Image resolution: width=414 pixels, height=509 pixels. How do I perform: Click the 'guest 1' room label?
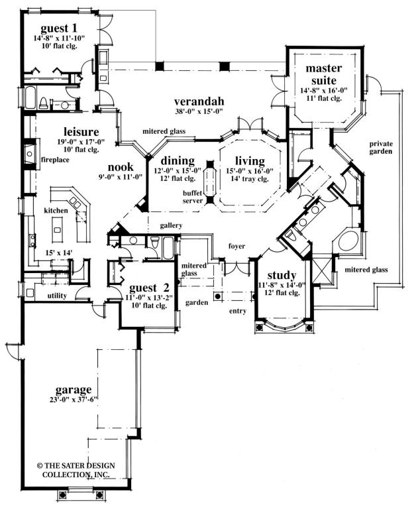(x=59, y=28)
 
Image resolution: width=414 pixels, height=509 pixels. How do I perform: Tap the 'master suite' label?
(x=323, y=74)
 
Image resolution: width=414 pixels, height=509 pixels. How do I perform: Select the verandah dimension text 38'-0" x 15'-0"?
(x=198, y=112)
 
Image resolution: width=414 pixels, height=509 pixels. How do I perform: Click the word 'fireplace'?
(x=56, y=160)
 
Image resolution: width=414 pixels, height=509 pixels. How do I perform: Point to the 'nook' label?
(x=121, y=167)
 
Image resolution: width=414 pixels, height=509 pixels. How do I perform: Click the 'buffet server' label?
(x=192, y=197)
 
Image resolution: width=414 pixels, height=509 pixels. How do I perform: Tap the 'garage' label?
(x=74, y=389)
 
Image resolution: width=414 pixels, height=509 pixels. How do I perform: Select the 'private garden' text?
(x=381, y=147)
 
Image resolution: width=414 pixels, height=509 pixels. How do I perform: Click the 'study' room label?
(x=282, y=275)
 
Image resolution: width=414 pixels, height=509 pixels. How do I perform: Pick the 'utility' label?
(x=57, y=296)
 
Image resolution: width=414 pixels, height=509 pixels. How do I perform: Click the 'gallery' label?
(x=171, y=225)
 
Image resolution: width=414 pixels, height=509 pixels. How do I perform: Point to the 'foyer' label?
(x=236, y=247)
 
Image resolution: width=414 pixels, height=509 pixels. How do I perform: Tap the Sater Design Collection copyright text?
(x=76, y=470)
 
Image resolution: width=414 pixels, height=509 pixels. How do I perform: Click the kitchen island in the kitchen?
(x=57, y=229)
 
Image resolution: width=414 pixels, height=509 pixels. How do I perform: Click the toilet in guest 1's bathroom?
(x=43, y=103)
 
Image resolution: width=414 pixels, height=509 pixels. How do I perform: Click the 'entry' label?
(x=238, y=311)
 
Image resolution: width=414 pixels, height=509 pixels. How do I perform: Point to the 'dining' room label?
(x=178, y=160)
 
